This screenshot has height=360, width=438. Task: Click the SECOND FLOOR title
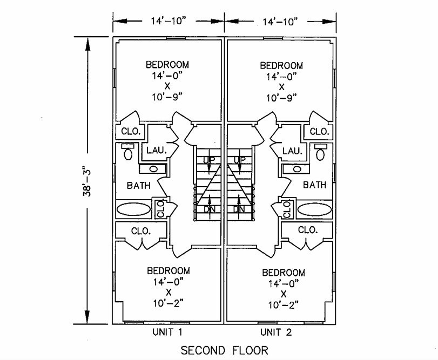tap(224, 350)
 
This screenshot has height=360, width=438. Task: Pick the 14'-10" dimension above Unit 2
tap(280, 22)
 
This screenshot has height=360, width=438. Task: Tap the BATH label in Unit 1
tap(138, 185)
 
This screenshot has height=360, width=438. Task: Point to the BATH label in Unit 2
tap(314, 185)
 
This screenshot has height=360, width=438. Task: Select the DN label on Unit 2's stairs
tap(239, 209)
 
